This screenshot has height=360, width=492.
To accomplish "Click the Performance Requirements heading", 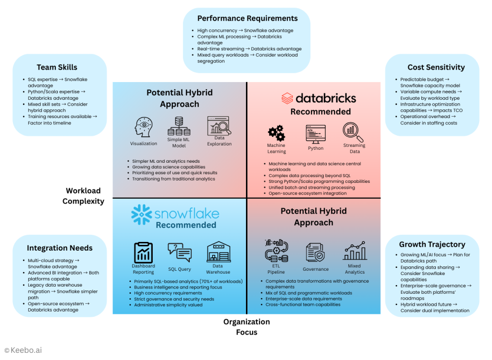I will click(x=247, y=19).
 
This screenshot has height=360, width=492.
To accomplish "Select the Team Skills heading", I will click(x=57, y=67).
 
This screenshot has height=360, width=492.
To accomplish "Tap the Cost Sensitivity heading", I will click(x=436, y=67).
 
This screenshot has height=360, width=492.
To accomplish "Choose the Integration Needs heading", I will click(x=60, y=248).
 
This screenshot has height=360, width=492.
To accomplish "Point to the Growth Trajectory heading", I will click(x=432, y=244).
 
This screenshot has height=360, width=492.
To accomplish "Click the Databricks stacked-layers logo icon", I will click(x=287, y=98).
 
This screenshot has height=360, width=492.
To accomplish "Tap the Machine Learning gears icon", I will click(x=276, y=132).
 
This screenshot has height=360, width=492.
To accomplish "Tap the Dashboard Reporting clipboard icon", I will click(x=143, y=252).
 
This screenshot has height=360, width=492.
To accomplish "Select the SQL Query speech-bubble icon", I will click(x=179, y=252).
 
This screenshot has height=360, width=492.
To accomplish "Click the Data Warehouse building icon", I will click(x=218, y=252).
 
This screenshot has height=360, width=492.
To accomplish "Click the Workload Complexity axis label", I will click(x=83, y=196).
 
